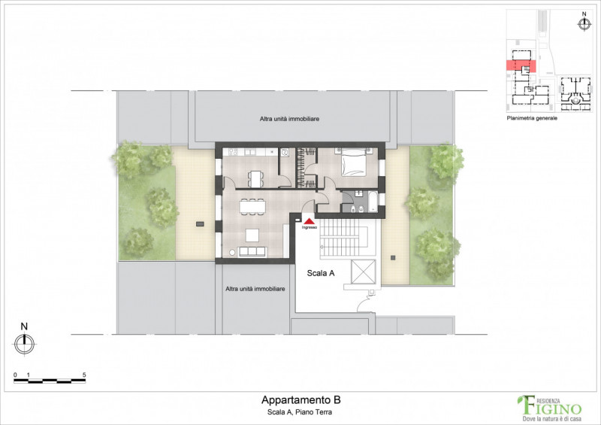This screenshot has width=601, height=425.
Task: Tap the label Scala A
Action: [321, 274]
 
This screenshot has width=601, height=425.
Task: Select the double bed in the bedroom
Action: [354, 162]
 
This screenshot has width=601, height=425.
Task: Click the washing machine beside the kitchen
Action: [285, 152]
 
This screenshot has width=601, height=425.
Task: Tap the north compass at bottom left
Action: [24, 343]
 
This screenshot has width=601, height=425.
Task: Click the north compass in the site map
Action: [583, 23]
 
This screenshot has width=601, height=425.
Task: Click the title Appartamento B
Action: [295, 400]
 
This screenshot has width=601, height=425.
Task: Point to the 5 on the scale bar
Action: [84, 374]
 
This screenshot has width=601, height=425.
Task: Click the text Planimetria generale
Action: [532, 119]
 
